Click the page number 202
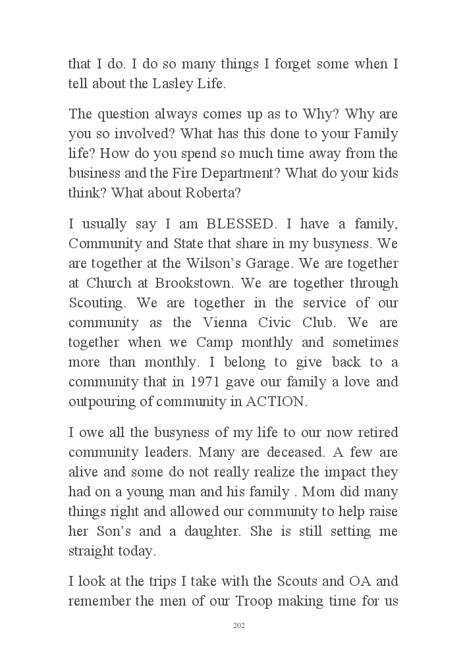click(x=239, y=625)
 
